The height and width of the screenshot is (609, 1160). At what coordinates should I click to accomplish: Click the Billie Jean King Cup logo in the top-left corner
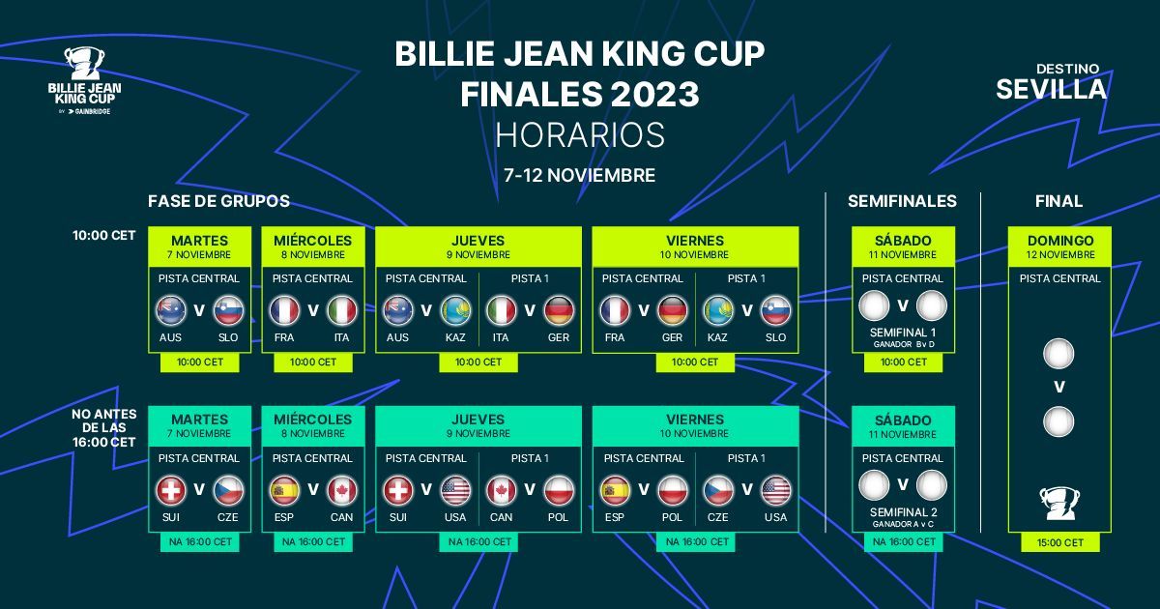84,81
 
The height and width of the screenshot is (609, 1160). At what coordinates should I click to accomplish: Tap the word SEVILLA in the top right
1051,89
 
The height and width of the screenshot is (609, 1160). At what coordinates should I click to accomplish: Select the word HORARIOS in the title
580,134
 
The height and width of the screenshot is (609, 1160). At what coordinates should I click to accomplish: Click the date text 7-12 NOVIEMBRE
580,175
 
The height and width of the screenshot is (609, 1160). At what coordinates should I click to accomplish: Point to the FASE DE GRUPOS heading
218,201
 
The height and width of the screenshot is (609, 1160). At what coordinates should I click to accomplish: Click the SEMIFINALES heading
902,201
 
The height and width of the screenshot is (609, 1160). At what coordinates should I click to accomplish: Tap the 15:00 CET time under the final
1059,542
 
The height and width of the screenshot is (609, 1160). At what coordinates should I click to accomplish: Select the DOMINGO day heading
1059,241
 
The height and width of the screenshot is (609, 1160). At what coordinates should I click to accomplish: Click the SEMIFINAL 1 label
903,333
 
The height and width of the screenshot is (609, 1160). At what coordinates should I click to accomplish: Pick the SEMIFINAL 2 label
903,512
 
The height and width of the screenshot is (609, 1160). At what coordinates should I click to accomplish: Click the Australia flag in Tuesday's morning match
170,310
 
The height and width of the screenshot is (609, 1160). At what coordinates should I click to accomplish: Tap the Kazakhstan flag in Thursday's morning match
455,310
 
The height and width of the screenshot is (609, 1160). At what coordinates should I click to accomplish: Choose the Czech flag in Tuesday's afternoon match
229,490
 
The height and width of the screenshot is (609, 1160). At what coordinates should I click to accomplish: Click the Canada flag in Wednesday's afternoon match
342,490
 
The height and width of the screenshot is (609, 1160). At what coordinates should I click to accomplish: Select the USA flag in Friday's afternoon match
775,490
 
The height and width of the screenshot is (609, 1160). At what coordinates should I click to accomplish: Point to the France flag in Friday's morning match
615,310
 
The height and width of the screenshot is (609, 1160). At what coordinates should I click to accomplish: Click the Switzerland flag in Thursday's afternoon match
397,490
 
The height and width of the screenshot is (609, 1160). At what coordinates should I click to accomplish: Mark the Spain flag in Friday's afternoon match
615,490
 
